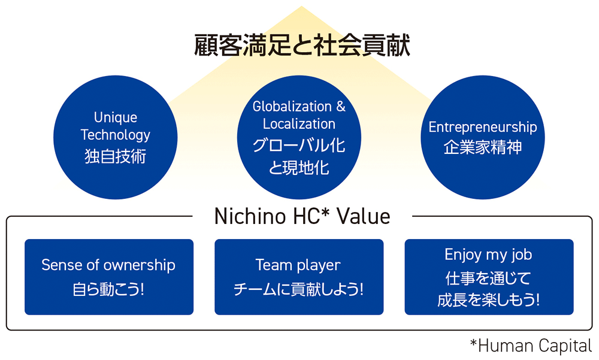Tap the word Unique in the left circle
(116, 118)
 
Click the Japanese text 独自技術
(116, 156)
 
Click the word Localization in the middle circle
(299, 124)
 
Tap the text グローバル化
(299, 146)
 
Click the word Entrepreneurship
(483, 127)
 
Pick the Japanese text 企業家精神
(483, 147)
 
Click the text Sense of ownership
(108, 265)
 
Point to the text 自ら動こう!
(108, 290)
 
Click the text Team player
(298, 265)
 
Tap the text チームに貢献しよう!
(298, 290)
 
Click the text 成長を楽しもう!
(488, 300)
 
